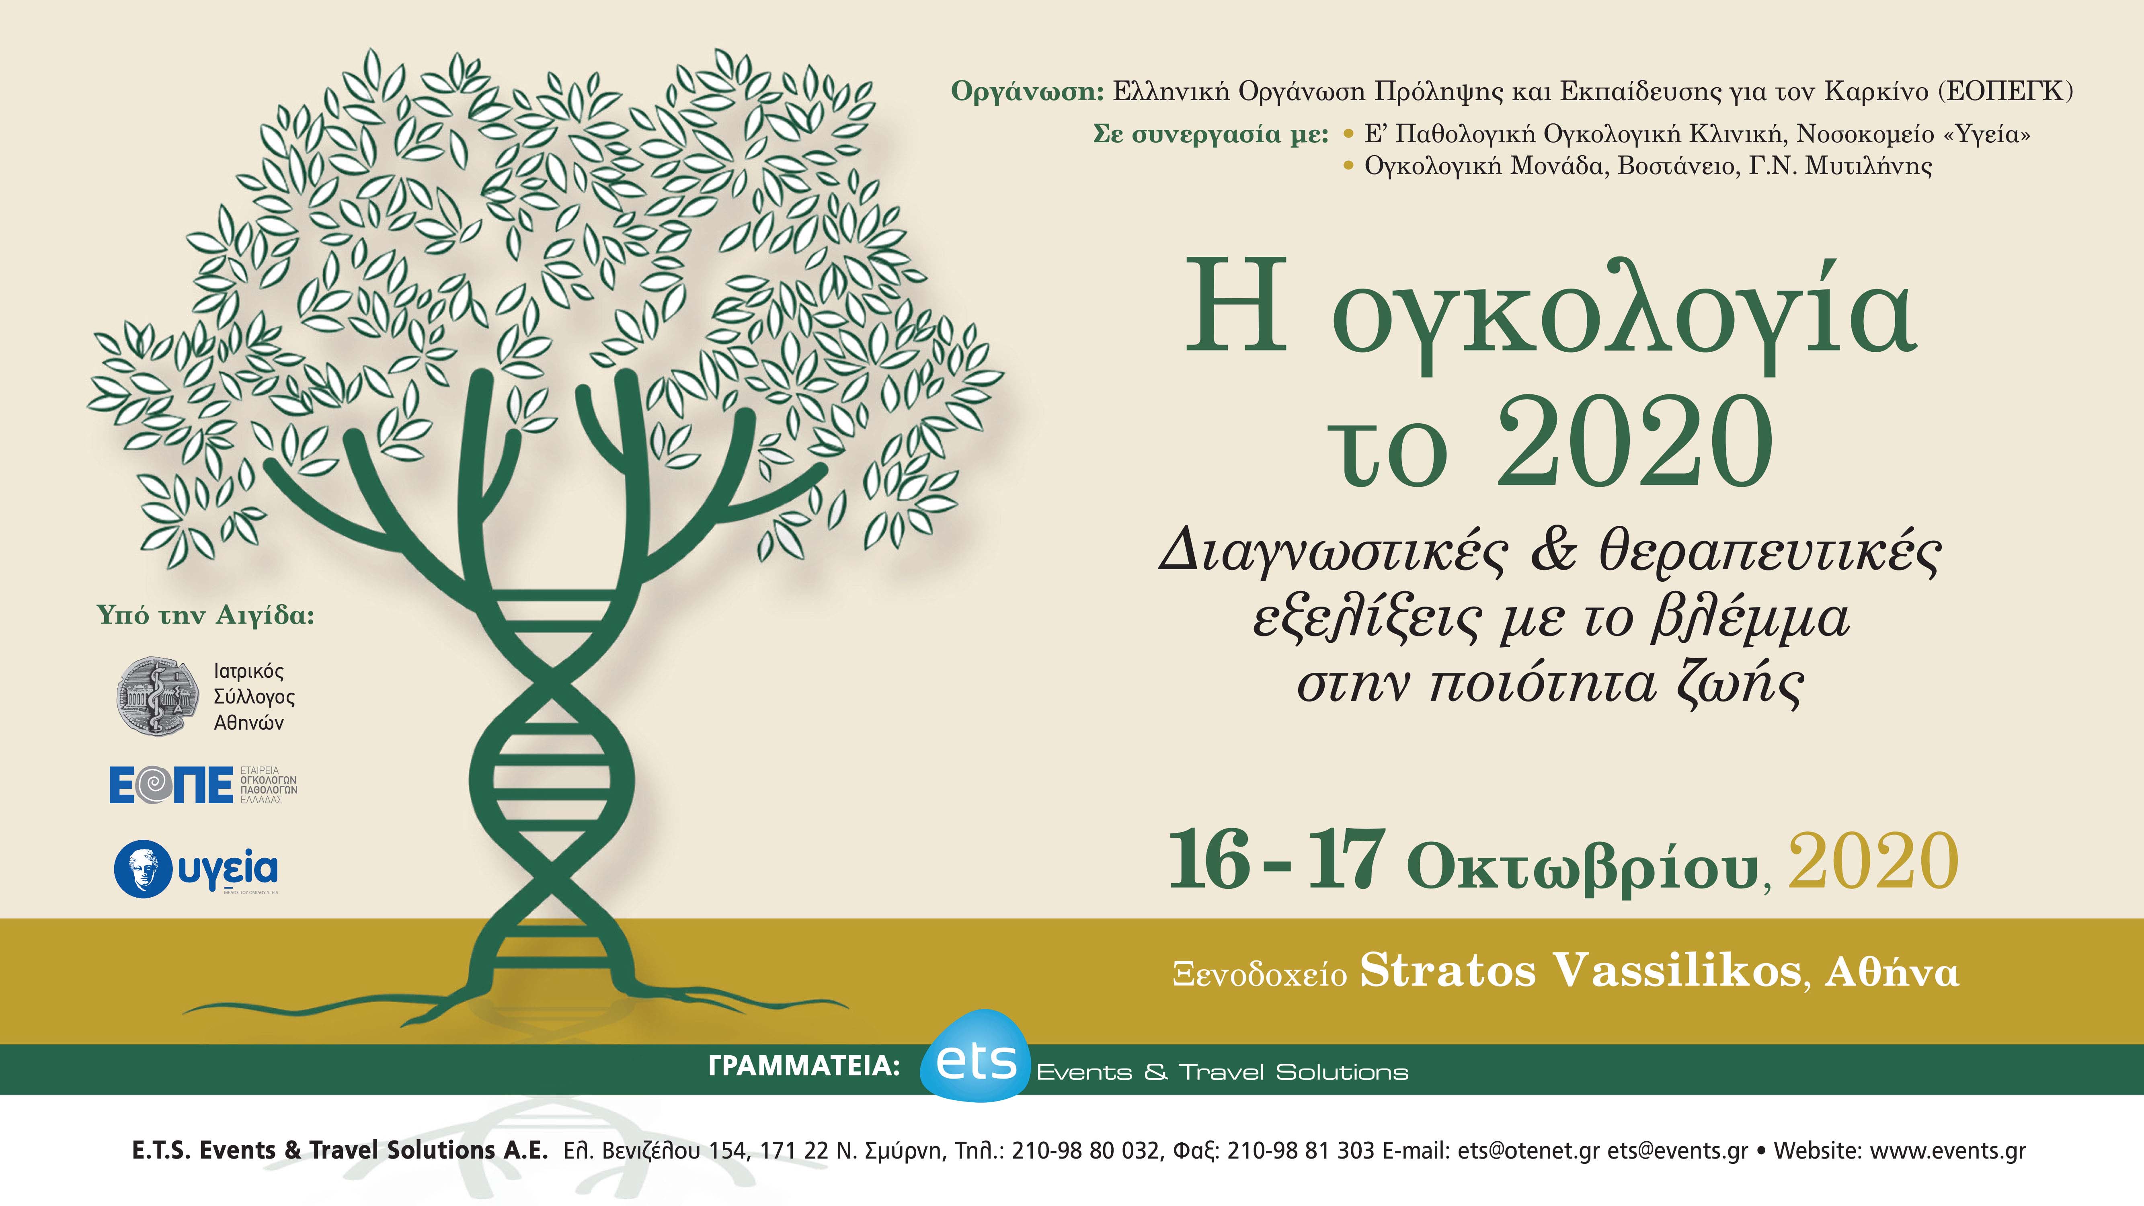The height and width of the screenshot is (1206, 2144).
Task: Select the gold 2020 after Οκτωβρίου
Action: coord(1873,861)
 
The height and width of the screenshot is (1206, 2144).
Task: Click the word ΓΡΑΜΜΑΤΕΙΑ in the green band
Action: coord(803,1066)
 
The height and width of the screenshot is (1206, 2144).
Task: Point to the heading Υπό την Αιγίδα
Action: coord(205,616)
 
